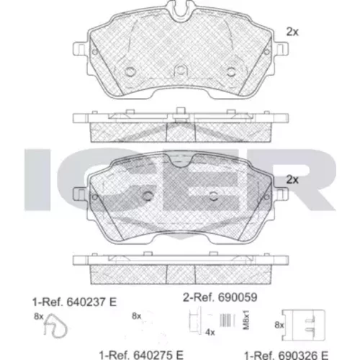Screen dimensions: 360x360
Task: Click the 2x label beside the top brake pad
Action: pos(292,32)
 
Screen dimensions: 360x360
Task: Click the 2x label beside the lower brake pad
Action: pos(292,179)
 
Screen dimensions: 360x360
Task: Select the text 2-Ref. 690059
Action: pos(220,297)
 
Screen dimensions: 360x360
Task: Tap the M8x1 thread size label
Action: pos(246,320)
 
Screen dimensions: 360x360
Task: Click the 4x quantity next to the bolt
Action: pos(210,333)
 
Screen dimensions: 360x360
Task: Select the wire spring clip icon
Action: pos(55,326)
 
